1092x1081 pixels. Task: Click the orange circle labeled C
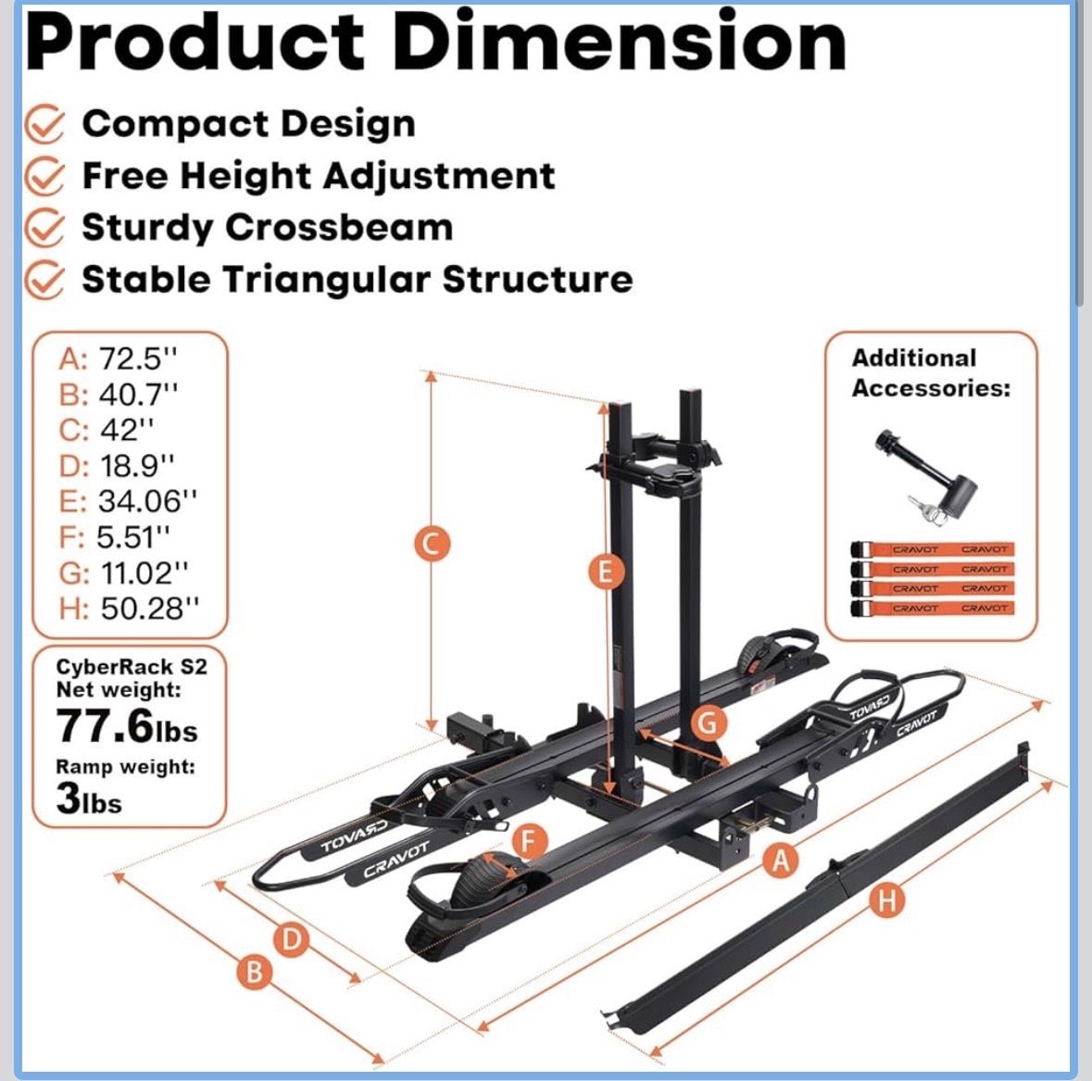pyautogui.click(x=431, y=544)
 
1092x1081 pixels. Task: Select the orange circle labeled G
pyautogui.click(x=708, y=723)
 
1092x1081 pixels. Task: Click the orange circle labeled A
pyautogui.click(x=782, y=861)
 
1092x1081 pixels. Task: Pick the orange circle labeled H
pyautogui.click(x=887, y=899)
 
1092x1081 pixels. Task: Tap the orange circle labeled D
pyautogui.click(x=292, y=940)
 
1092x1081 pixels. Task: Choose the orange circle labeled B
pyautogui.click(x=254, y=973)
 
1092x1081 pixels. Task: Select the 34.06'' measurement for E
pyautogui.click(x=148, y=501)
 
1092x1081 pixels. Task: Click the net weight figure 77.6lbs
pyautogui.click(x=127, y=726)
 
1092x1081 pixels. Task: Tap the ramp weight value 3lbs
pyautogui.click(x=88, y=799)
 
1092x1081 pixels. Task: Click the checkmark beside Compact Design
pyautogui.click(x=44, y=124)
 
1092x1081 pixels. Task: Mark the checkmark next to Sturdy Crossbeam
pyautogui.click(x=44, y=228)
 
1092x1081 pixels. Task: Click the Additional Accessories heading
pyautogui.click(x=930, y=372)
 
